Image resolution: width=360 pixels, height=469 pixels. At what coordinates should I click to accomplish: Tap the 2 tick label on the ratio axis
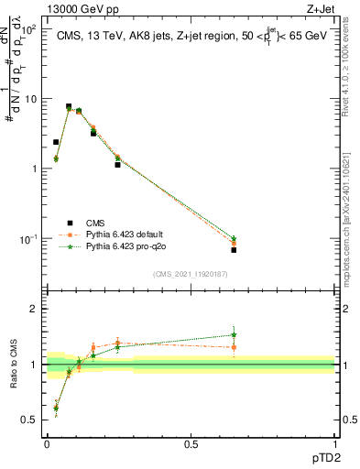tap(34, 310)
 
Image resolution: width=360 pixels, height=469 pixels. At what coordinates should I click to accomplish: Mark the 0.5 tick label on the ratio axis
tap(30, 420)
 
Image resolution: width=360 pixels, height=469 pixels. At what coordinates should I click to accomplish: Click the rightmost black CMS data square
tap(234, 250)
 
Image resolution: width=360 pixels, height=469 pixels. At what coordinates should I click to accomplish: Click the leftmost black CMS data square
tap(56, 142)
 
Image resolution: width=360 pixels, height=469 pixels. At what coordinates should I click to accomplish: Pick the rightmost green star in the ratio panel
tap(234, 335)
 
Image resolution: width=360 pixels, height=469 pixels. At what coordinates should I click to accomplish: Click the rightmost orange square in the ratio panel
tap(234, 347)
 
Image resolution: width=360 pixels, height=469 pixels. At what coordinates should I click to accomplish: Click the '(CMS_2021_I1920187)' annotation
tap(190, 273)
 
